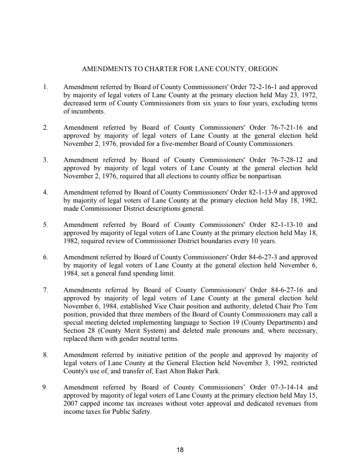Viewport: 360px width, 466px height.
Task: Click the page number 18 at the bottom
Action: (x=180, y=449)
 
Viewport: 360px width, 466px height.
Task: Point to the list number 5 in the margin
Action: (x=46, y=224)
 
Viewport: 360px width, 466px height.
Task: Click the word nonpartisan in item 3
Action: (x=264, y=176)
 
